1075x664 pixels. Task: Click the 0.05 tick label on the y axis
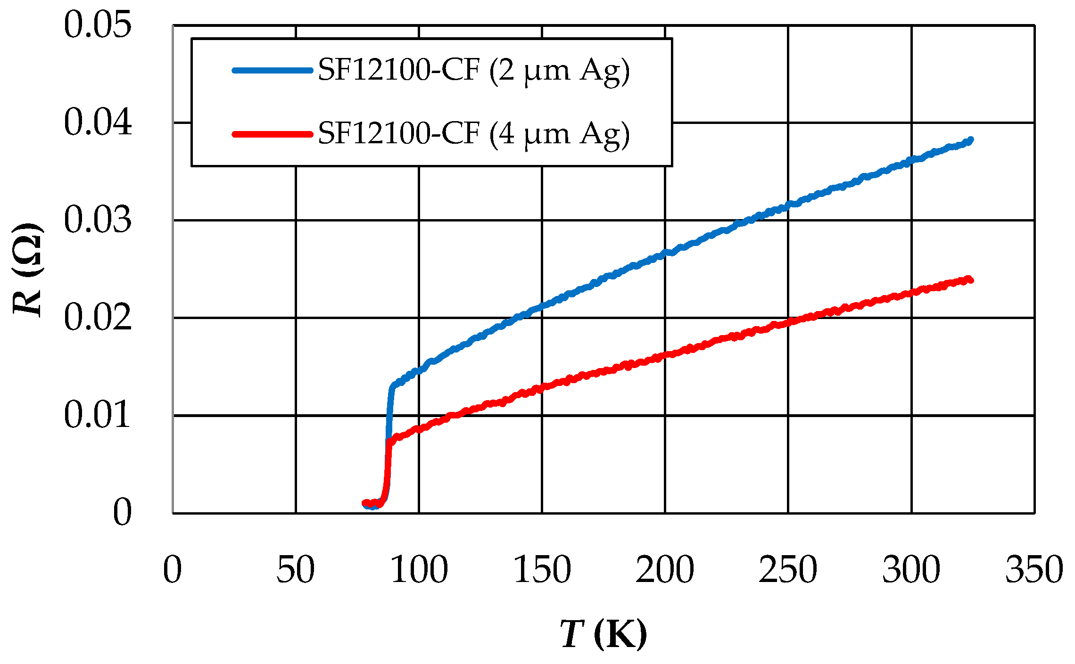98,25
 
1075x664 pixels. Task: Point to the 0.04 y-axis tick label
98,123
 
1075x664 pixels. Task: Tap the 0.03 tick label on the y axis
98,220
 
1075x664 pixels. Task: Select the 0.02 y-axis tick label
98,318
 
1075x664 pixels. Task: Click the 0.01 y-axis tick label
98,415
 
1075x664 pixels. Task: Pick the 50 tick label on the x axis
295,569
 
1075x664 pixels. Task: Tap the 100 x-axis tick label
419,569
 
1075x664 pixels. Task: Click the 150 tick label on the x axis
542,569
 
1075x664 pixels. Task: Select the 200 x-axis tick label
665,569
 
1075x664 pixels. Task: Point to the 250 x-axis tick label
788,569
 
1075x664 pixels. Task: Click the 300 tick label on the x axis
911,569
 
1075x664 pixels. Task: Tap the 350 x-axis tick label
1034,569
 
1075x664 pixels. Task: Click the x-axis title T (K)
604,634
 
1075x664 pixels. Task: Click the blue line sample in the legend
273,71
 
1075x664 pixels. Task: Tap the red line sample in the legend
273,134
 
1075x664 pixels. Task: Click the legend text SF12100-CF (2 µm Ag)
473,71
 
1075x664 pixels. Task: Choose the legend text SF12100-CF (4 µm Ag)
473,134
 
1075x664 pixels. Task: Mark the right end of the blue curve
970,140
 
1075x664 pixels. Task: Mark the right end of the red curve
970,280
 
